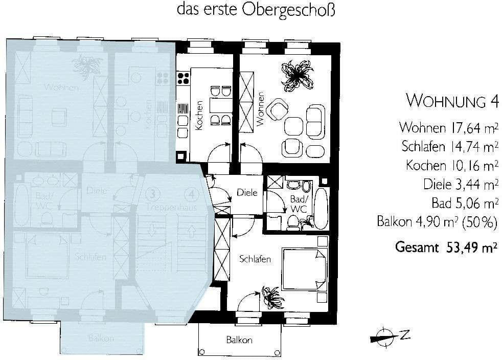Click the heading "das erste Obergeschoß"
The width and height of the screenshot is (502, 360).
tap(256, 10)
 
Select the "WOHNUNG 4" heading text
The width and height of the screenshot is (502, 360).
tap(452, 101)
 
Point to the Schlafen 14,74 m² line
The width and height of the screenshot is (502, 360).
tap(450, 146)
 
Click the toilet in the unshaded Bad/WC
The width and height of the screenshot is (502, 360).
tap(294, 220)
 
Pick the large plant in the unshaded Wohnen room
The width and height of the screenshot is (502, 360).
tap(297, 75)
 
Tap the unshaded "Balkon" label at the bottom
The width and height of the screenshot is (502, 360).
tap(239, 340)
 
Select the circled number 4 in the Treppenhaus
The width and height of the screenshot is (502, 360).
tap(191, 194)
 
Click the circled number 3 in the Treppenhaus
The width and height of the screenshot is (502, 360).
tap(151, 194)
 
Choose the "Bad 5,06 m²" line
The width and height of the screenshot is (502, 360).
tap(465, 203)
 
